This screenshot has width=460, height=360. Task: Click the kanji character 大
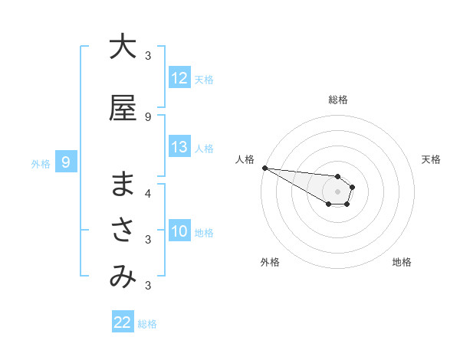click(123, 47)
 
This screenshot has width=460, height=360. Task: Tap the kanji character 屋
click(123, 108)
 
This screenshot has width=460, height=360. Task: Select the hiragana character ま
click(123, 185)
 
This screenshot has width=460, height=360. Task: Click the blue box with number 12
click(179, 79)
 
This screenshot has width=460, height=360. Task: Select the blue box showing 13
click(179, 148)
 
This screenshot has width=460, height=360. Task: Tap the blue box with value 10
click(179, 232)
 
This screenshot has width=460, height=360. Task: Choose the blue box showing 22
click(123, 322)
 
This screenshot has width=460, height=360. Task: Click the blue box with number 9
click(67, 162)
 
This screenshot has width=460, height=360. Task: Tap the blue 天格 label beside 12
click(204, 80)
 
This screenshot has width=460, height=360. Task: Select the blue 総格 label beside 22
click(147, 324)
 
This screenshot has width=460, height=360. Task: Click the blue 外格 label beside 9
click(41, 163)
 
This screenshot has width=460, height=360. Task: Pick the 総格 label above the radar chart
click(338, 100)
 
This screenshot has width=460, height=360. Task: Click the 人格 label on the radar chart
click(245, 159)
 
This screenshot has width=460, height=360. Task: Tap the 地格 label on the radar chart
click(402, 262)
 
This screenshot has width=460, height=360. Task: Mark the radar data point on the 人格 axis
click(264, 168)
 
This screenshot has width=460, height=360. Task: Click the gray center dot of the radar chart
click(338, 191)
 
